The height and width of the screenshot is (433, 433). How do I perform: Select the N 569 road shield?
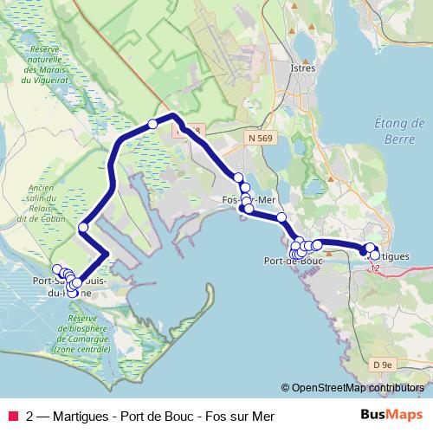pyautogui.click(x=261, y=138)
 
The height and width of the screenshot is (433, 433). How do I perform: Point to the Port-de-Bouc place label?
pyautogui.click(x=293, y=260)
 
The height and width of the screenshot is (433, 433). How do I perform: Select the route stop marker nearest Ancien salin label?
pyautogui.click(x=83, y=228)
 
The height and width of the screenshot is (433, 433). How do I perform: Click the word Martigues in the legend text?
pyautogui.click(x=82, y=417)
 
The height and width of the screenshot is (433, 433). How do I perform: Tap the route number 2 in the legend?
pyautogui.click(x=30, y=417)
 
